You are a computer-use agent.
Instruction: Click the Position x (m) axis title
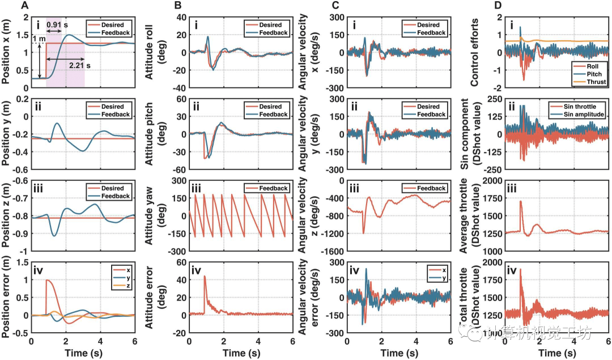pyautogui.click(x=8, y=52)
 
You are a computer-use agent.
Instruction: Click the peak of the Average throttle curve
pyautogui.click(x=520, y=201)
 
